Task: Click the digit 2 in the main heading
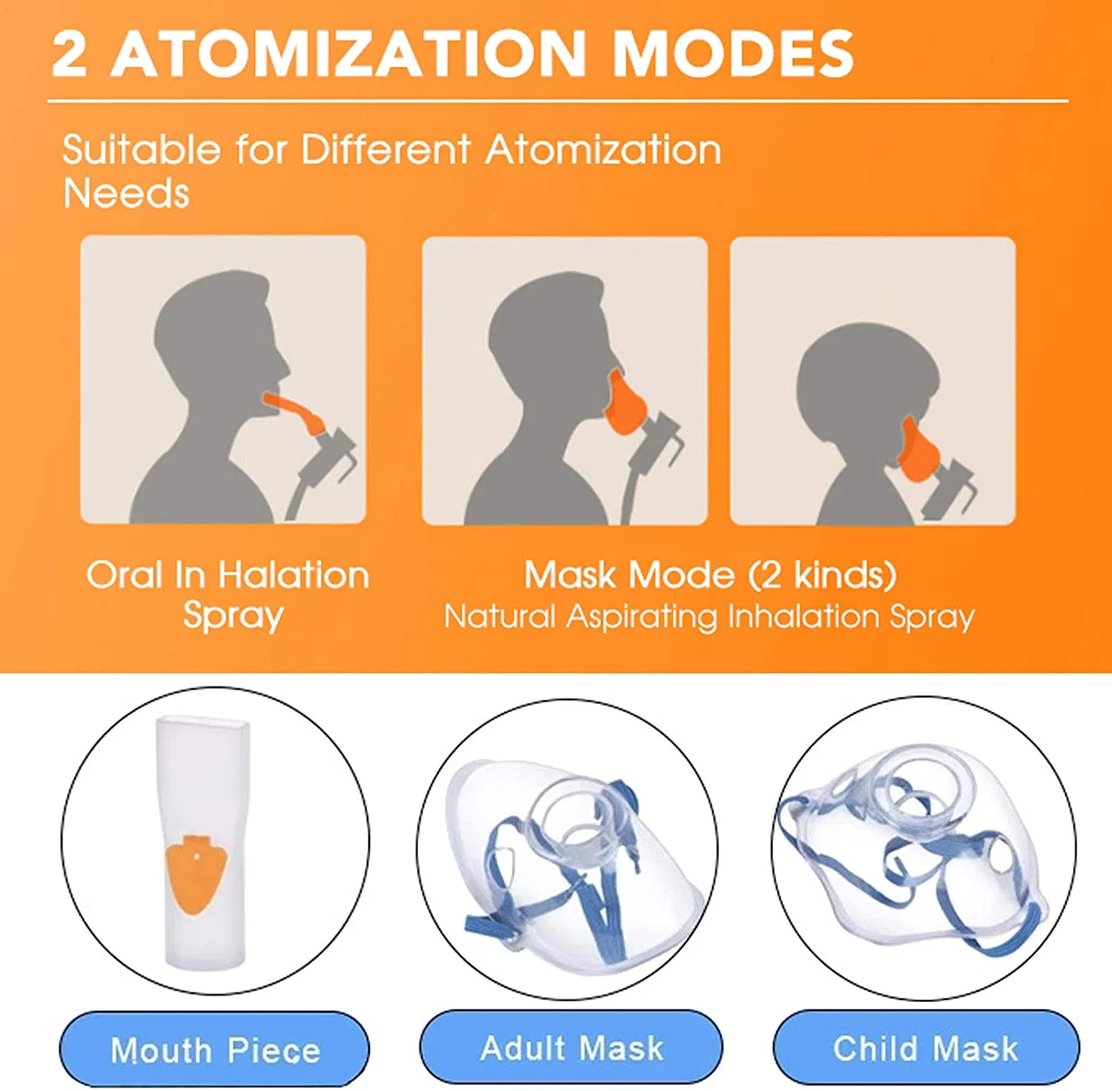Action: click(69, 53)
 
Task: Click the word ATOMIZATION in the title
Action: click(348, 53)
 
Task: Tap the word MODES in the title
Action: click(733, 53)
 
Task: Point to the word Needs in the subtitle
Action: click(126, 193)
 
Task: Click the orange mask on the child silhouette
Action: click(919, 451)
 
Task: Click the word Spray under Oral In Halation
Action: click(233, 615)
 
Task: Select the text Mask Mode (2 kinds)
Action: click(710, 575)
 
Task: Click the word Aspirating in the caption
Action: click(642, 617)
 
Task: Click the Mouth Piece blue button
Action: click(214, 1049)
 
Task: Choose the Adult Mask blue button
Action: click(571, 1047)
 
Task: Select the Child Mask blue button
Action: click(926, 1047)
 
